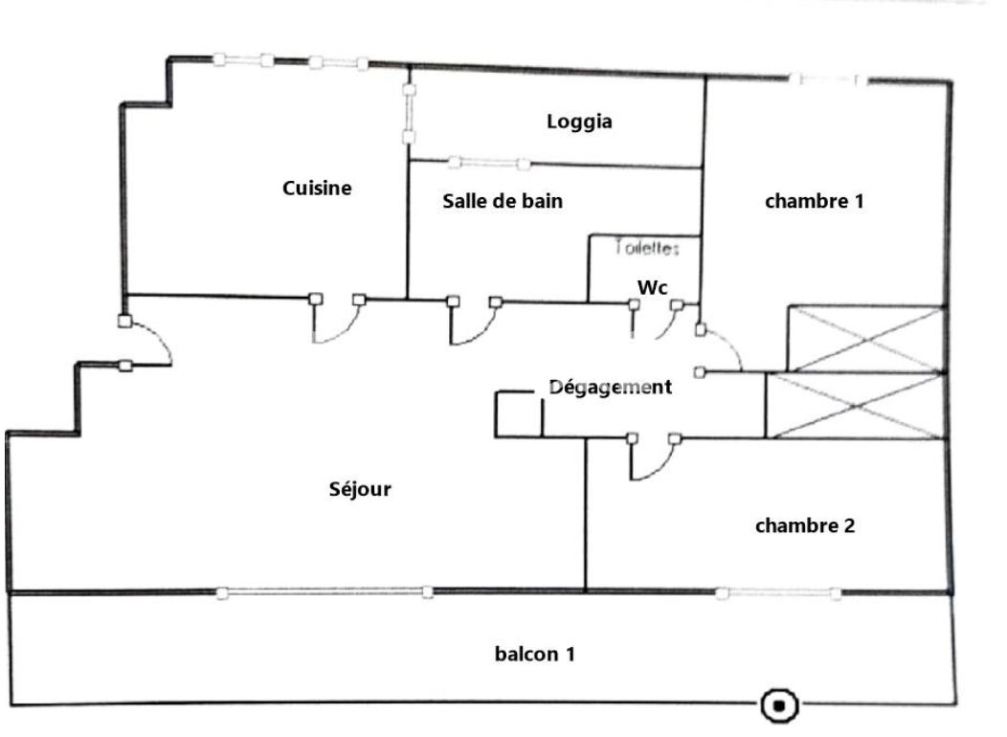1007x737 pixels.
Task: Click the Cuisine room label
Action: [x=317, y=189]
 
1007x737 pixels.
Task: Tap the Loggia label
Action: [x=579, y=123]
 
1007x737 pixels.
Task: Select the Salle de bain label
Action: [x=503, y=202]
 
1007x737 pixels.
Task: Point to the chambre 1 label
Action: [x=815, y=202]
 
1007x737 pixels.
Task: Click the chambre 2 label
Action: [x=805, y=525]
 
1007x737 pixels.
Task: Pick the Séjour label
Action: [x=360, y=490]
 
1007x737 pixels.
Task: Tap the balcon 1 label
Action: [x=535, y=655]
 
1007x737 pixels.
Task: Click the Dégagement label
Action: [x=611, y=388]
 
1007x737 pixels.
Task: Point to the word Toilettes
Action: [x=647, y=248]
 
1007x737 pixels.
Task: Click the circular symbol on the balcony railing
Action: [x=779, y=706]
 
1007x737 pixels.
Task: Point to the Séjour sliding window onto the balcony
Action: [x=324, y=593]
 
